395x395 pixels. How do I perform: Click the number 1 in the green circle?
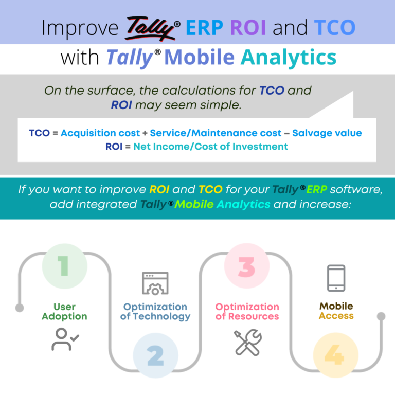pyautogui.click(x=64, y=265)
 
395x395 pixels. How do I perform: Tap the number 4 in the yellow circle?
pyautogui.click(x=335, y=355)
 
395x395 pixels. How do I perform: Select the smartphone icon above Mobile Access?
pyautogui.click(x=336, y=278)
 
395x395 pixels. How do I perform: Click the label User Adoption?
pyautogui.click(x=64, y=312)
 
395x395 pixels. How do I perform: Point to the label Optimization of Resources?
pyautogui.click(x=247, y=312)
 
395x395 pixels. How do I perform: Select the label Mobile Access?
pyautogui.click(x=336, y=311)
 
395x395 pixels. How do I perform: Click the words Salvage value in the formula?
pyautogui.click(x=327, y=133)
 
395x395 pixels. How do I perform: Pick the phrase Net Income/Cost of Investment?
pyautogui.click(x=210, y=147)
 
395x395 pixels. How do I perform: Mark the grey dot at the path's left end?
pyautogui.click(x=20, y=308)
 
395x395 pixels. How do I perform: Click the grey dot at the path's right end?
pyautogui.click(x=381, y=316)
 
